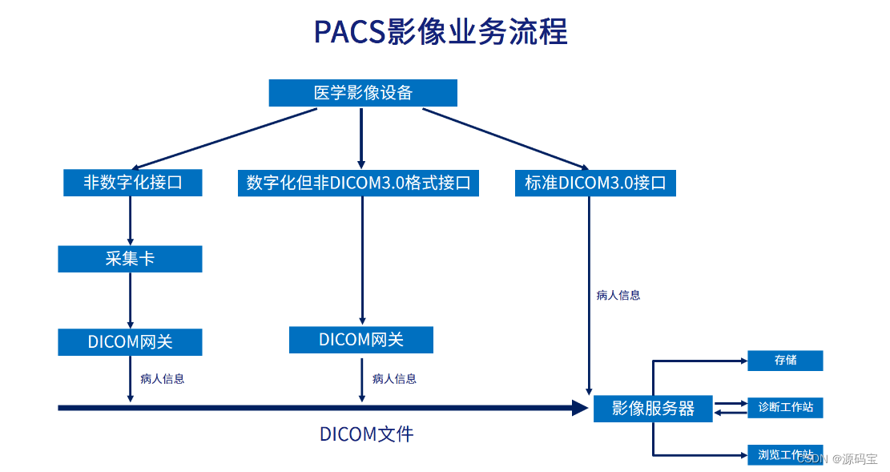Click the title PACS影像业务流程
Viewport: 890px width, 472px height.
(x=441, y=32)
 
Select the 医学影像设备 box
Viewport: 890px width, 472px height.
(x=362, y=93)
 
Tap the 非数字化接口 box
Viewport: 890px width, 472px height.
(x=132, y=183)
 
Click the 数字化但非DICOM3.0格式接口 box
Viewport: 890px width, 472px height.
(x=358, y=183)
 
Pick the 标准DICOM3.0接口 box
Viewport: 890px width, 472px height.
(x=595, y=183)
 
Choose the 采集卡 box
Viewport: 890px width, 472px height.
(x=130, y=259)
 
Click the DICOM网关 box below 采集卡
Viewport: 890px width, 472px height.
(x=130, y=342)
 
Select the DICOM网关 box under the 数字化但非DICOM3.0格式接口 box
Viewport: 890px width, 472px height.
(x=360, y=340)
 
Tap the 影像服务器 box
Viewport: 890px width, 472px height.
(x=653, y=408)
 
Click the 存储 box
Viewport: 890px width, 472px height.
(x=785, y=361)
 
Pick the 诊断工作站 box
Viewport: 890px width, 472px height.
(x=785, y=407)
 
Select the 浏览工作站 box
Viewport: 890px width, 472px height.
(x=785, y=454)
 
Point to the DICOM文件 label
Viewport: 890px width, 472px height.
(x=366, y=434)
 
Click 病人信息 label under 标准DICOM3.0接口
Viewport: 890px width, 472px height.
(x=618, y=295)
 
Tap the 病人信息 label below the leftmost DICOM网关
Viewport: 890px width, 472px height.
(x=162, y=379)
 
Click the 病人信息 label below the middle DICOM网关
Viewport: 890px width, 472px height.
(x=394, y=379)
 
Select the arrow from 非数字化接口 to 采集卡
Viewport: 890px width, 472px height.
(x=130, y=220)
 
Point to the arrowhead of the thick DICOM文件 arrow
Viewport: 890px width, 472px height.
(x=580, y=408)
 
